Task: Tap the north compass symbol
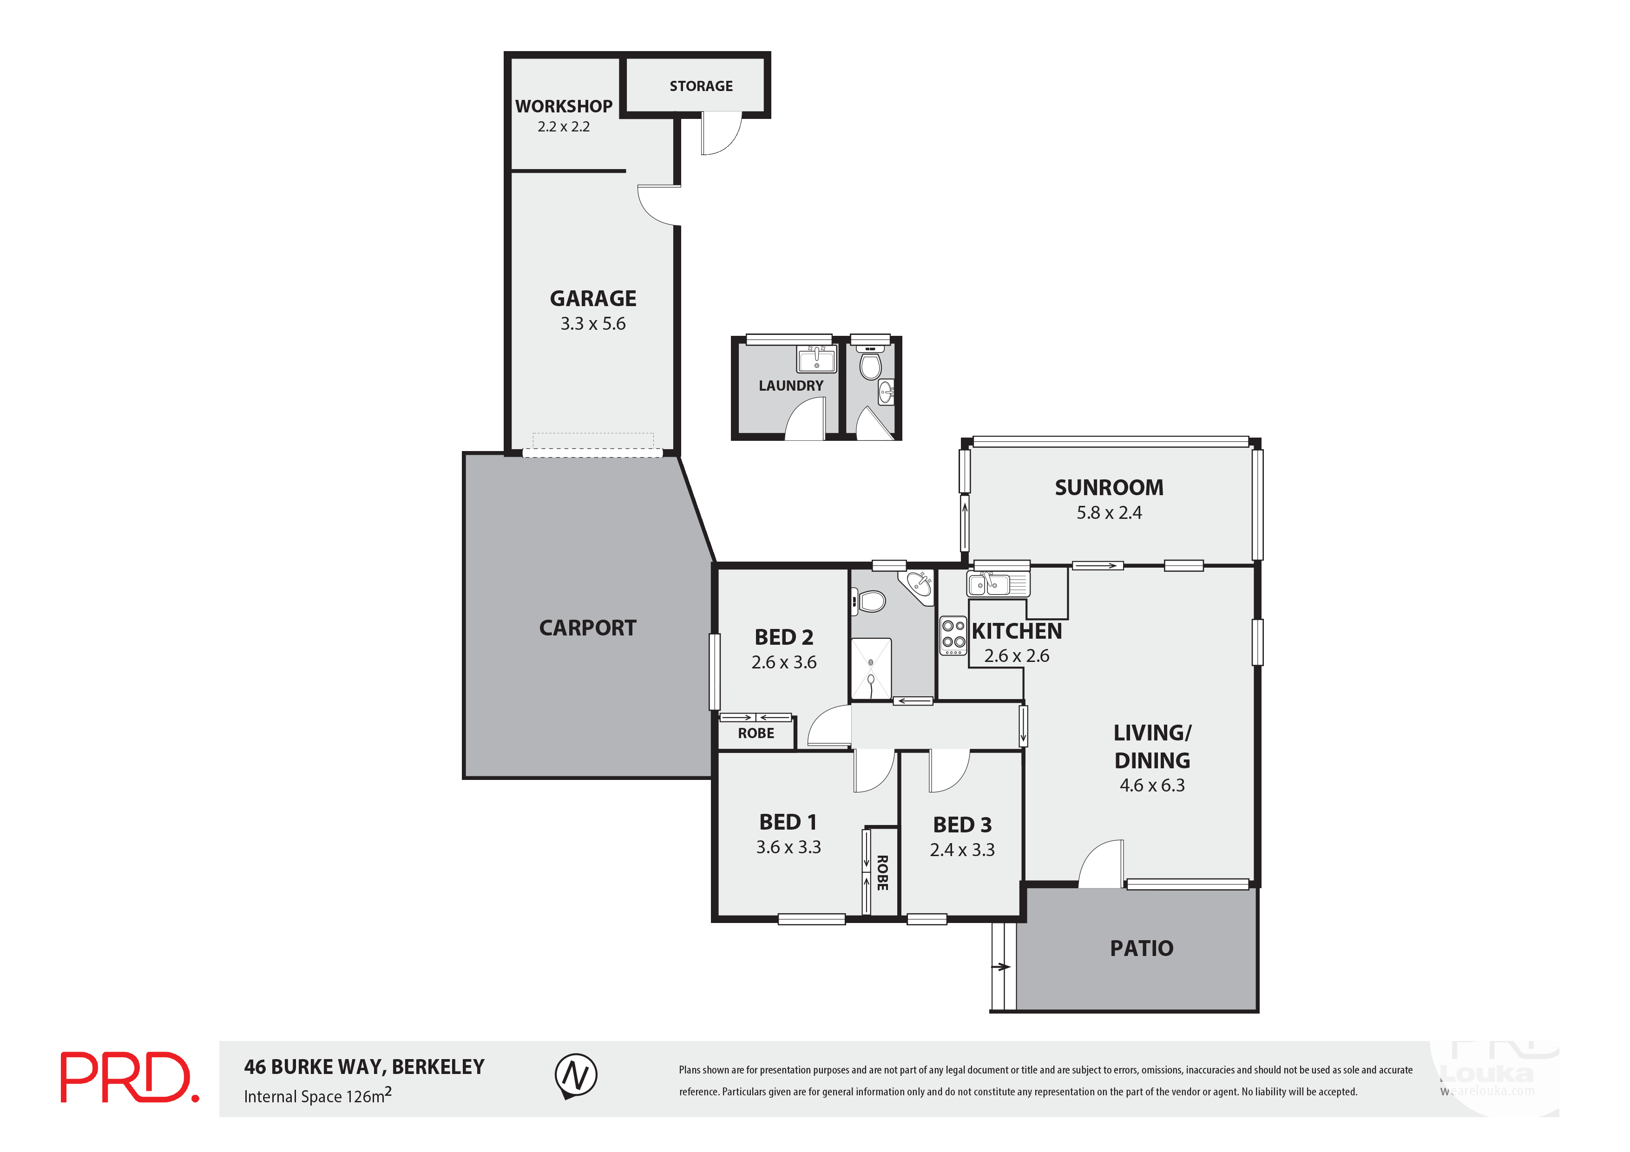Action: [x=575, y=1075]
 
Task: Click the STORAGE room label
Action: [x=701, y=86]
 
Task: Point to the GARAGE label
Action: [x=593, y=298]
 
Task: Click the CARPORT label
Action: [x=587, y=628]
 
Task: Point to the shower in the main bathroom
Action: [x=870, y=668]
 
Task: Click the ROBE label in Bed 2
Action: [x=756, y=733]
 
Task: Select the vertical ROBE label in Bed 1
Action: [x=882, y=873]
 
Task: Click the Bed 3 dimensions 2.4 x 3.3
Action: [x=962, y=850]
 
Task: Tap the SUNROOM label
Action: [x=1109, y=488]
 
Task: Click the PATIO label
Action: [x=1142, y=948]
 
